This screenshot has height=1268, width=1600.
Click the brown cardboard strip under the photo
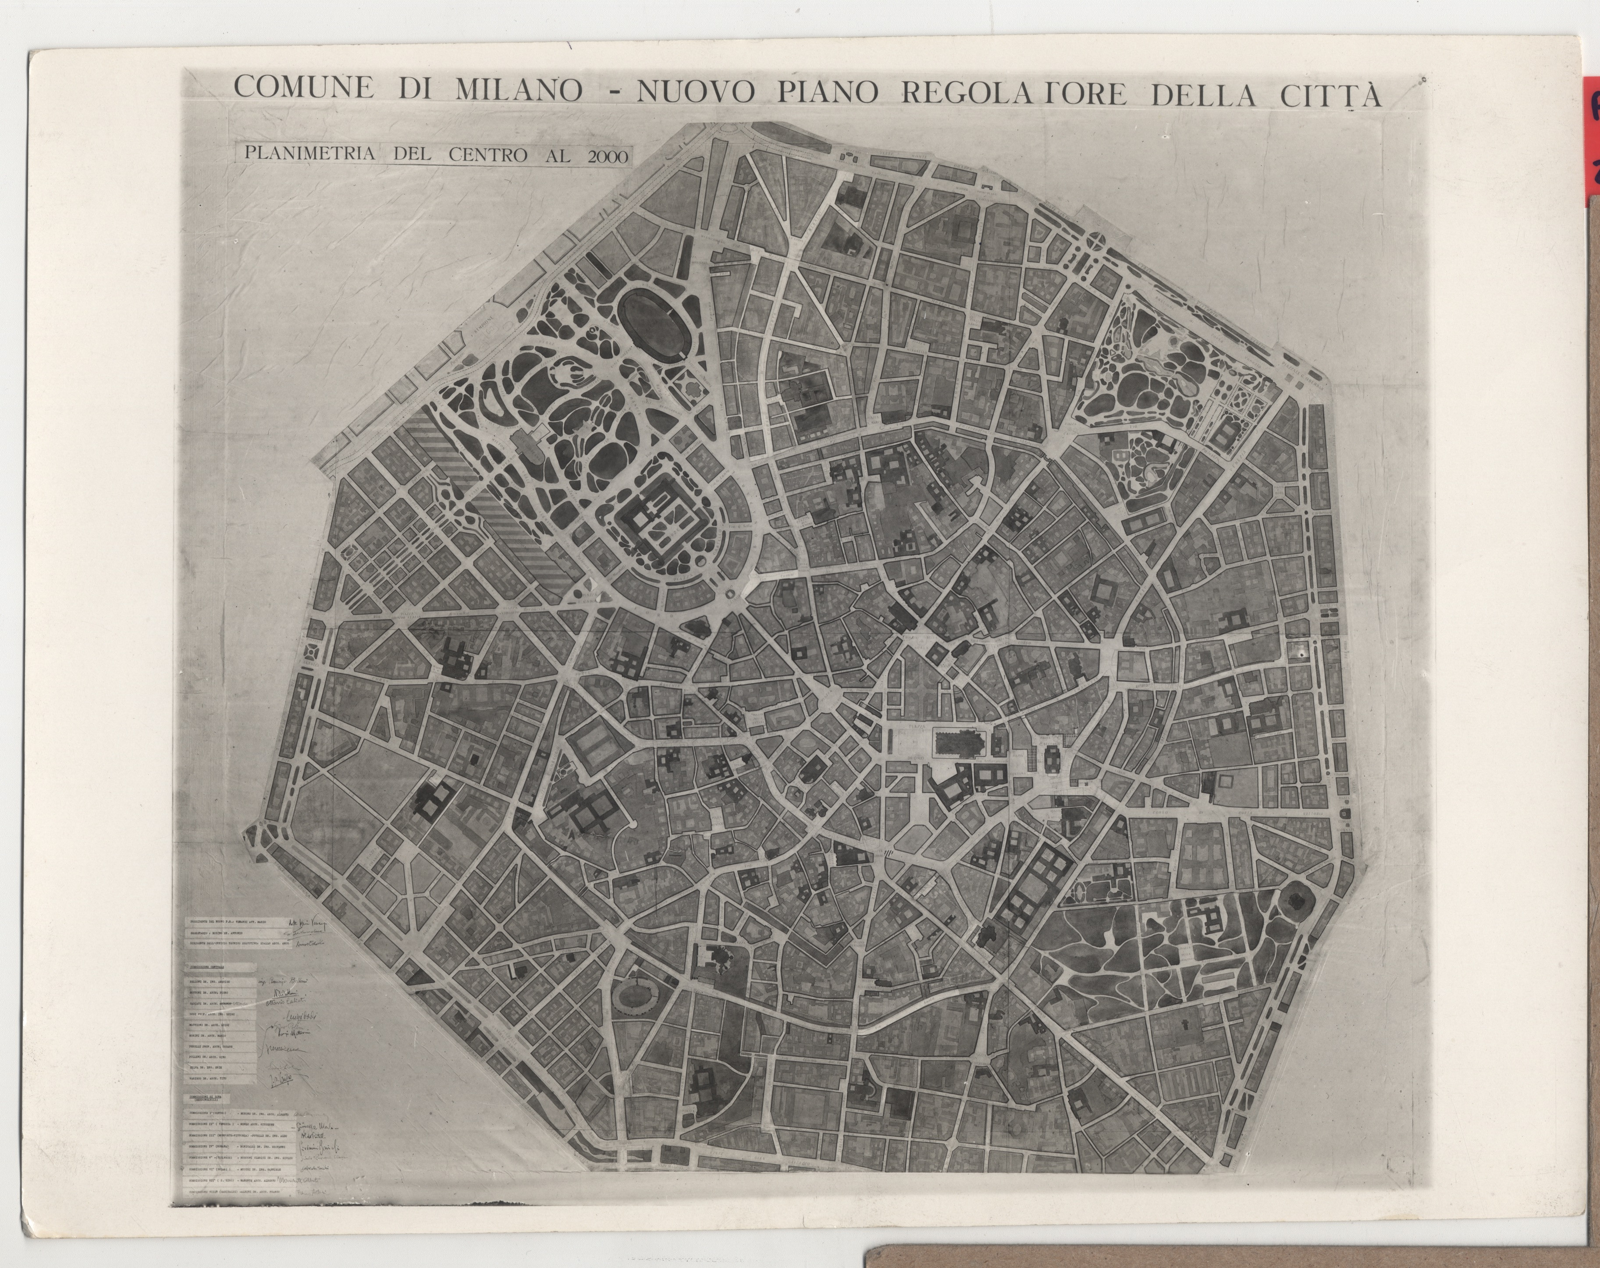[x=1224, y=1247]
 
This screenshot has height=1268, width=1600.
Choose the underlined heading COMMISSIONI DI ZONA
[x=211, y=1100]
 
